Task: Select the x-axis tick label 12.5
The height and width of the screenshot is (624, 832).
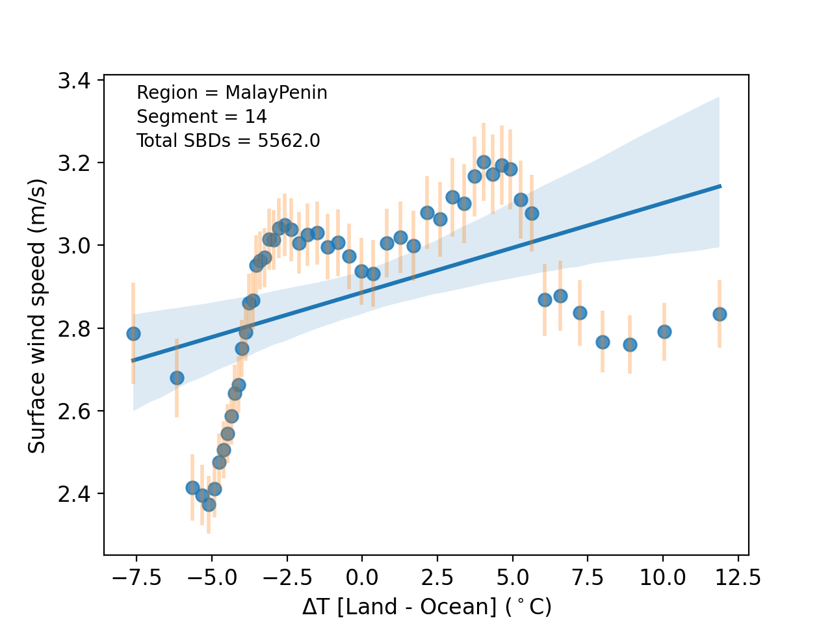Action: click(x=737, y=577)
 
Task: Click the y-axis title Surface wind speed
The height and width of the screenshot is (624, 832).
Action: click(x=37, y=317)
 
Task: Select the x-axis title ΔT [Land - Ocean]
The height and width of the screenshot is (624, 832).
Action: click(x=426, y=607)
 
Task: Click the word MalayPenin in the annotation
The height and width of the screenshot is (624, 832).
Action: click(x=276, y=93)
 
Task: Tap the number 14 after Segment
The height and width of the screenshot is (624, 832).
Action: click(x=256, y=117)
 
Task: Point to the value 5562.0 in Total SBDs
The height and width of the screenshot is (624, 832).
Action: click(x=289, y=141)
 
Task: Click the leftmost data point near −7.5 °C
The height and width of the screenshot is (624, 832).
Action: click(x=133, y=333)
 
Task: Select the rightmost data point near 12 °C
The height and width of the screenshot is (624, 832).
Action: click(x=720, y=314)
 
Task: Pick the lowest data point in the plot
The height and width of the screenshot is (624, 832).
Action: click(x=209, y=504)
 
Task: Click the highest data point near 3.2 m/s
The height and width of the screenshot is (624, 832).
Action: click(x=484, y=162)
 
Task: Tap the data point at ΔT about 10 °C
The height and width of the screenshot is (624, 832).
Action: click(x=664, y=331)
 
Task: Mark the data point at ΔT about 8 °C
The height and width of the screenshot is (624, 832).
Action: click(x=603, y=342)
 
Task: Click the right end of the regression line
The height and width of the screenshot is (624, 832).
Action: click(x=720, y=186)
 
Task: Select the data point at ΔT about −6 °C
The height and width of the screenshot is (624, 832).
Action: click(x=177, y=378)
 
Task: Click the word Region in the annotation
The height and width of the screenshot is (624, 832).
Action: click(x=157, y=93)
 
